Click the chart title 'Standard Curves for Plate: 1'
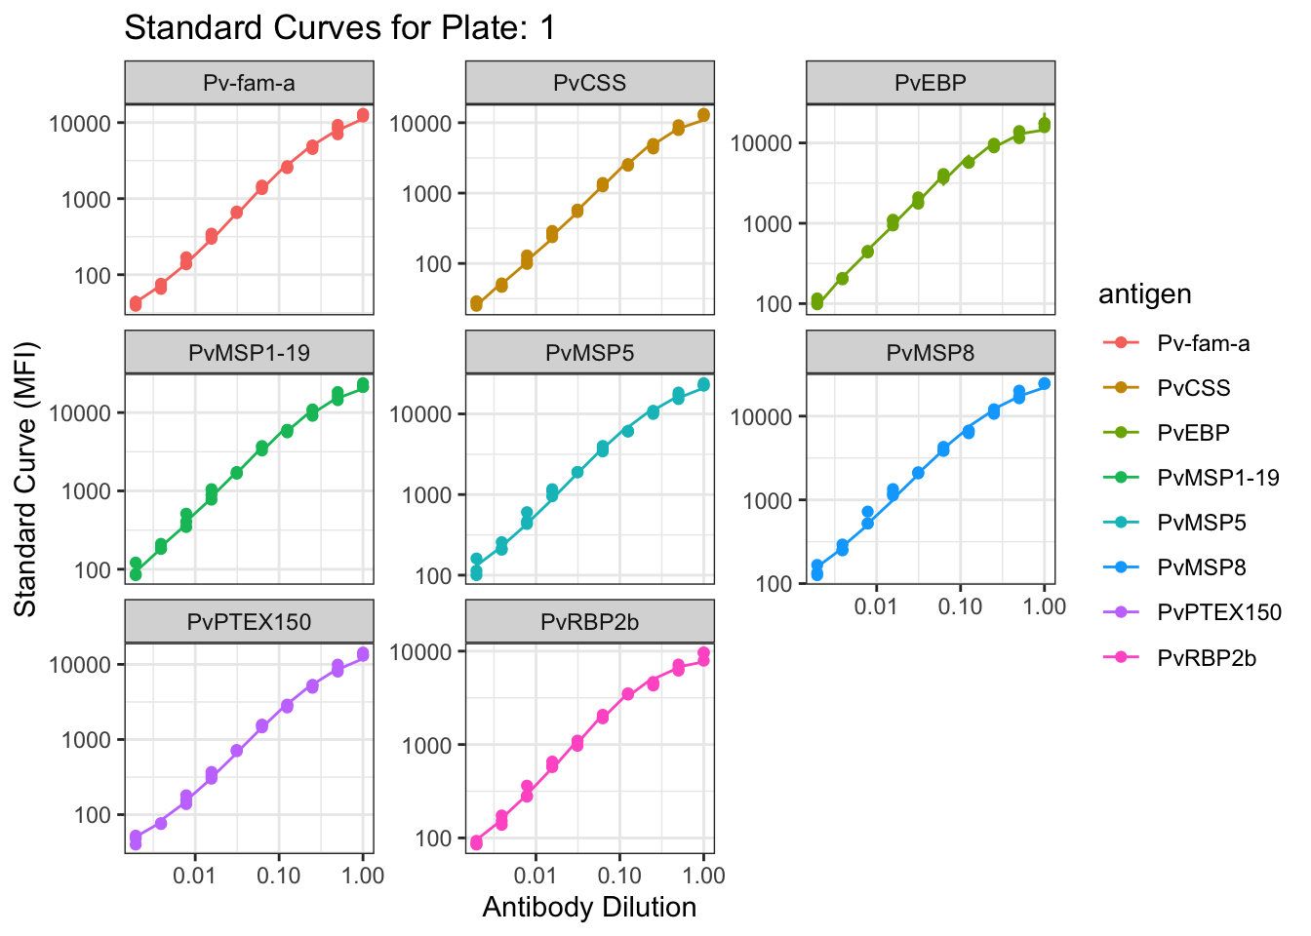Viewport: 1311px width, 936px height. [x=339, y=28]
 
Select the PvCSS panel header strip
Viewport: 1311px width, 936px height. [x=589, y=83]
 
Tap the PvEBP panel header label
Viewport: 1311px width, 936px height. [x=930, y=83]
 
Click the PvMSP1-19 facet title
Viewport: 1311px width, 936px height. [x=249, y=353]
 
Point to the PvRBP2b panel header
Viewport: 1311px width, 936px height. [x=589, y=622]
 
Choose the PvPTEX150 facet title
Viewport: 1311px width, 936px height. [x=249, y=622]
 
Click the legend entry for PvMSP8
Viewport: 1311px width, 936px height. [x=1202, y=567]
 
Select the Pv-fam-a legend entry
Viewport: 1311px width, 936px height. [x=1203, y=343]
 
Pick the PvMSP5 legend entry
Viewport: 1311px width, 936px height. [x=1202, y=523]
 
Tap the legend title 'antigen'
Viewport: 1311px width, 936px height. [x=1144, y=294]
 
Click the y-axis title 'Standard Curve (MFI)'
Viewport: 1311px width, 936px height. [x=25, y=479]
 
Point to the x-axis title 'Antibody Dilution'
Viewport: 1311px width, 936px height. [x=589, y=908]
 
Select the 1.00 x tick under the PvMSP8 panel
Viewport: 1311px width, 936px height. [x=1044, y=606]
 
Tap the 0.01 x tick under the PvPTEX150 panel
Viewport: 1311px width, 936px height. [x=194, y=876]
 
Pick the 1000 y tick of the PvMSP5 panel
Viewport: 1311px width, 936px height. [x=425, y=495]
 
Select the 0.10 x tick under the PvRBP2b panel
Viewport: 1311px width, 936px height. [x=618, y=876]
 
